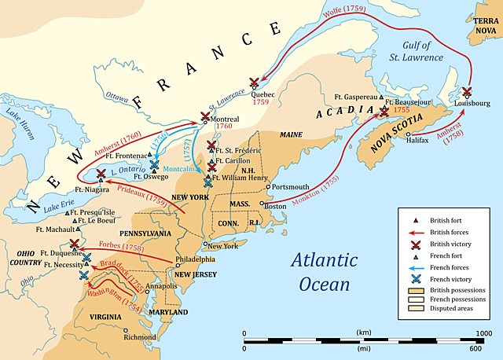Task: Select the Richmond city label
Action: [141, 337]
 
